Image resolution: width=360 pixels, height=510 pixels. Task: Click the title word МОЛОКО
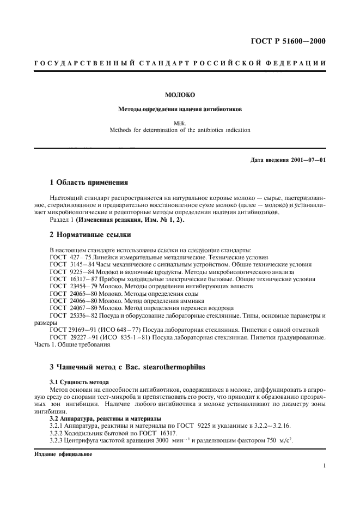click(180, 95)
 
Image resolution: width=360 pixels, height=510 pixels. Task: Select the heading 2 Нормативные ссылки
click(87, 236)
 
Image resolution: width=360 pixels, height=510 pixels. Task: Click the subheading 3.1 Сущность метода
click(80, 382)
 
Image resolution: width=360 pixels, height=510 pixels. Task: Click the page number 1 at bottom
click(324, 466)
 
